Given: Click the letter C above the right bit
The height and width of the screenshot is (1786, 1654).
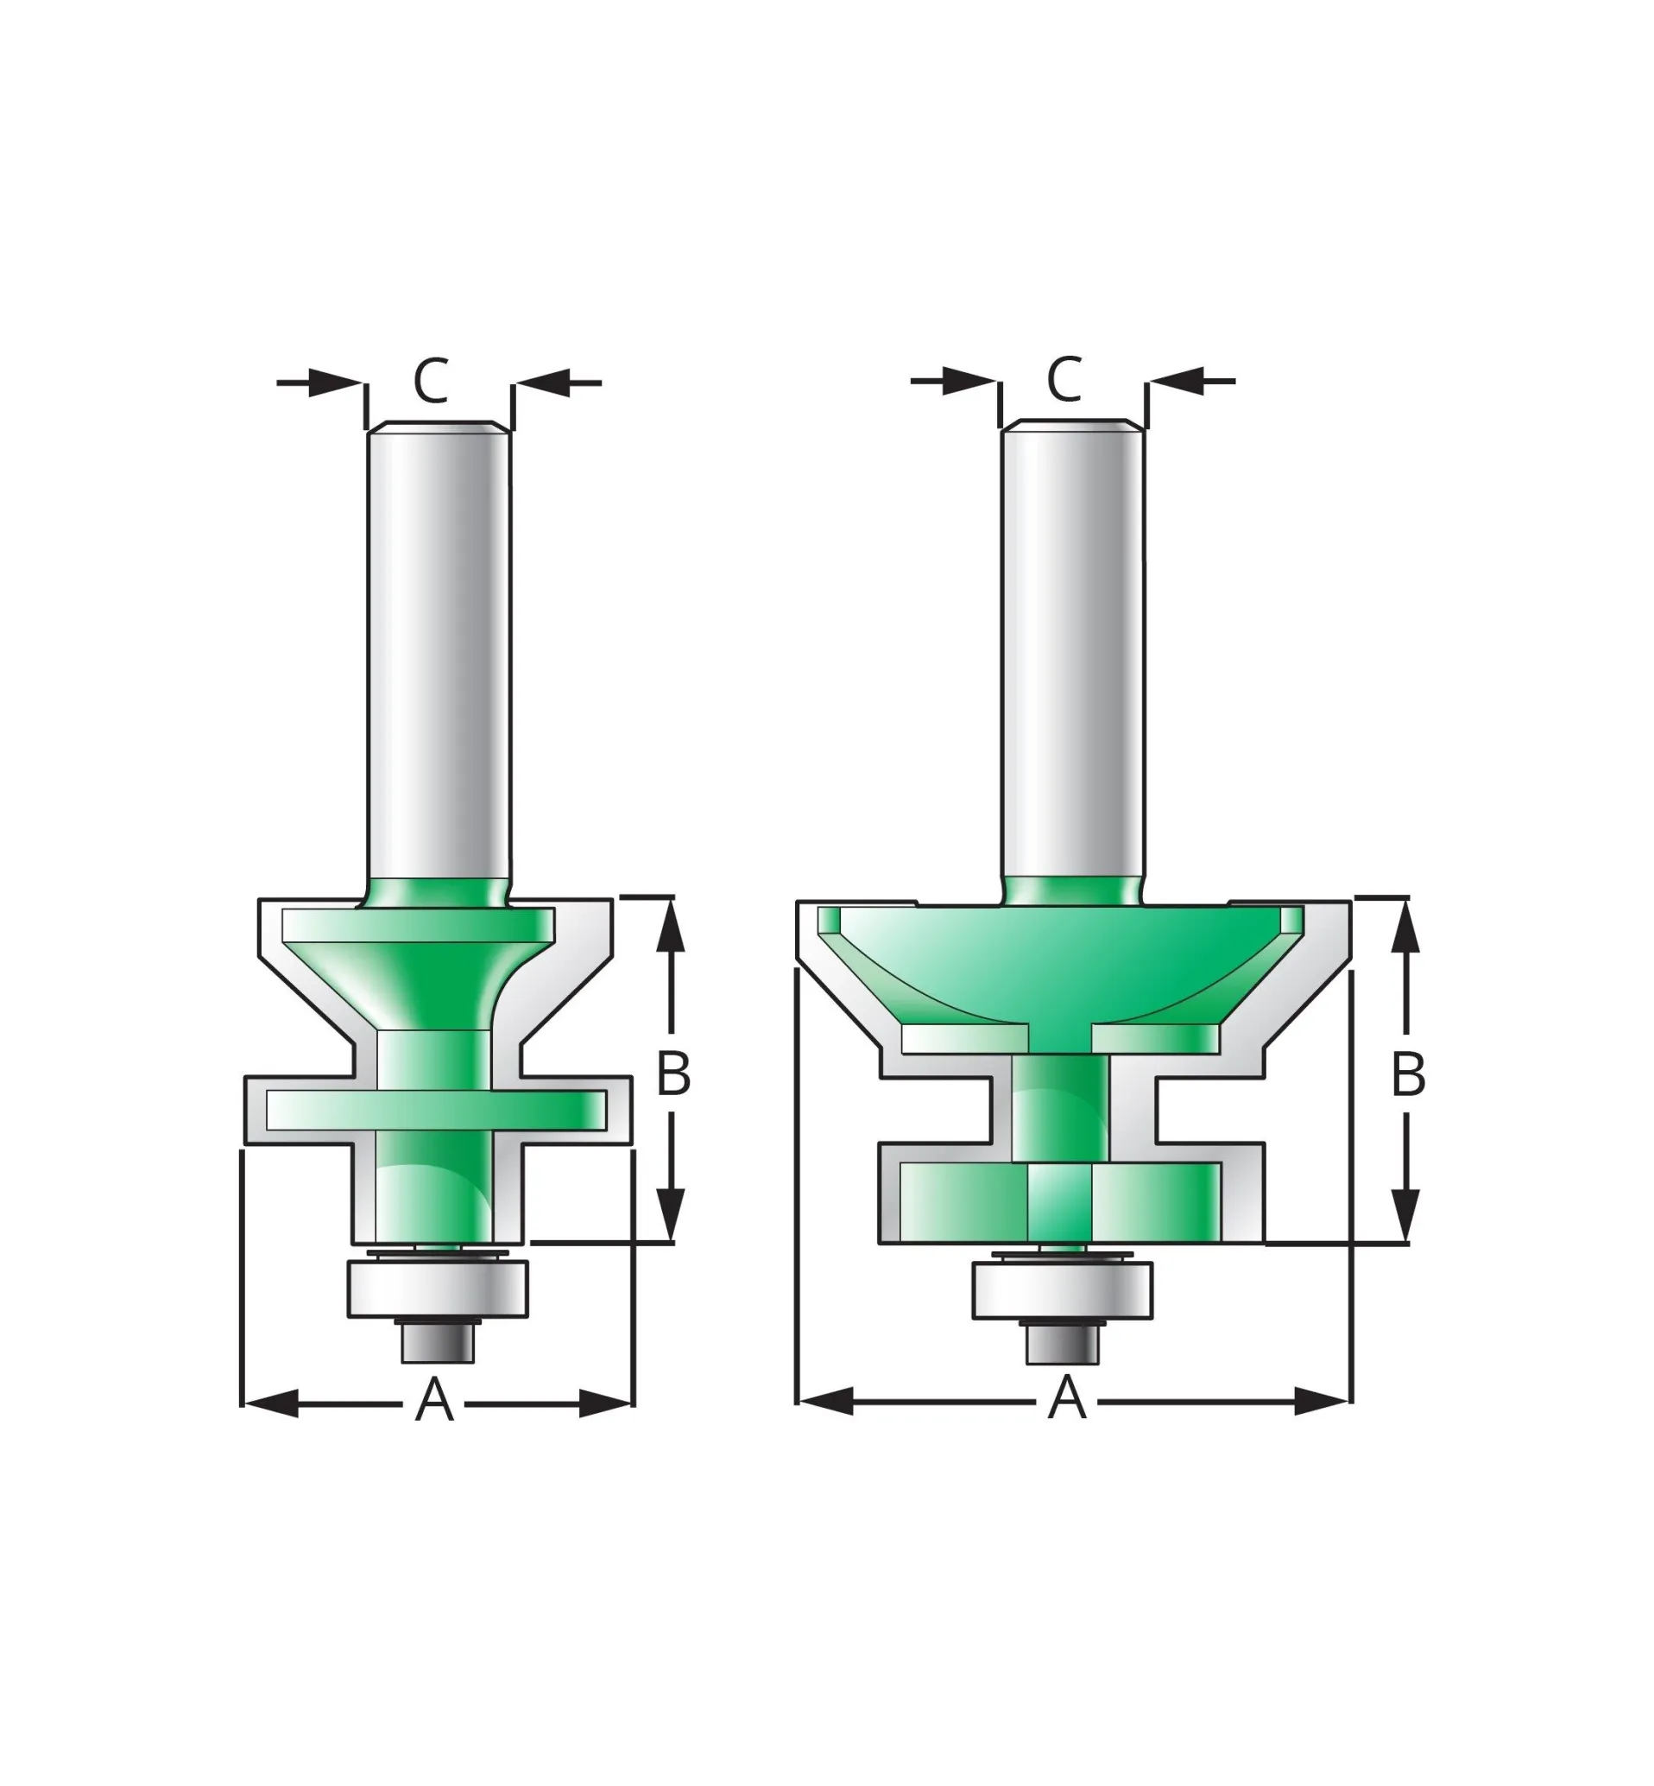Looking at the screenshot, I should point(1064,380).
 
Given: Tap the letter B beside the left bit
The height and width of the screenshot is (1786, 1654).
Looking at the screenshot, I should point(673,1073).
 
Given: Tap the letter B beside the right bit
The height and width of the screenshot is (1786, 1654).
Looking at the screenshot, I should point(1408,1074).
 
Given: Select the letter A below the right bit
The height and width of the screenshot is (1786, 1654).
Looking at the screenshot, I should point(1067,1398).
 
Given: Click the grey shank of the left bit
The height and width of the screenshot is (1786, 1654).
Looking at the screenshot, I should point(439,654).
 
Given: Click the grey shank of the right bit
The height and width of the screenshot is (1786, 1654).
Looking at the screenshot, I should point(1071,654).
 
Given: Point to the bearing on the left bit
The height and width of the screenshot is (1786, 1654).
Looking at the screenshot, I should point(438,1289).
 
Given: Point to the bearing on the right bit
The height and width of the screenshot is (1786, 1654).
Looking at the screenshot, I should point(1063,1290).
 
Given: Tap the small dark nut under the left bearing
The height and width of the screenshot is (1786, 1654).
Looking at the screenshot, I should point(438,1343).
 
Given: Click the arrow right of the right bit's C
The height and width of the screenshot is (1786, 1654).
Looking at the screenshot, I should point(1175,381).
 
